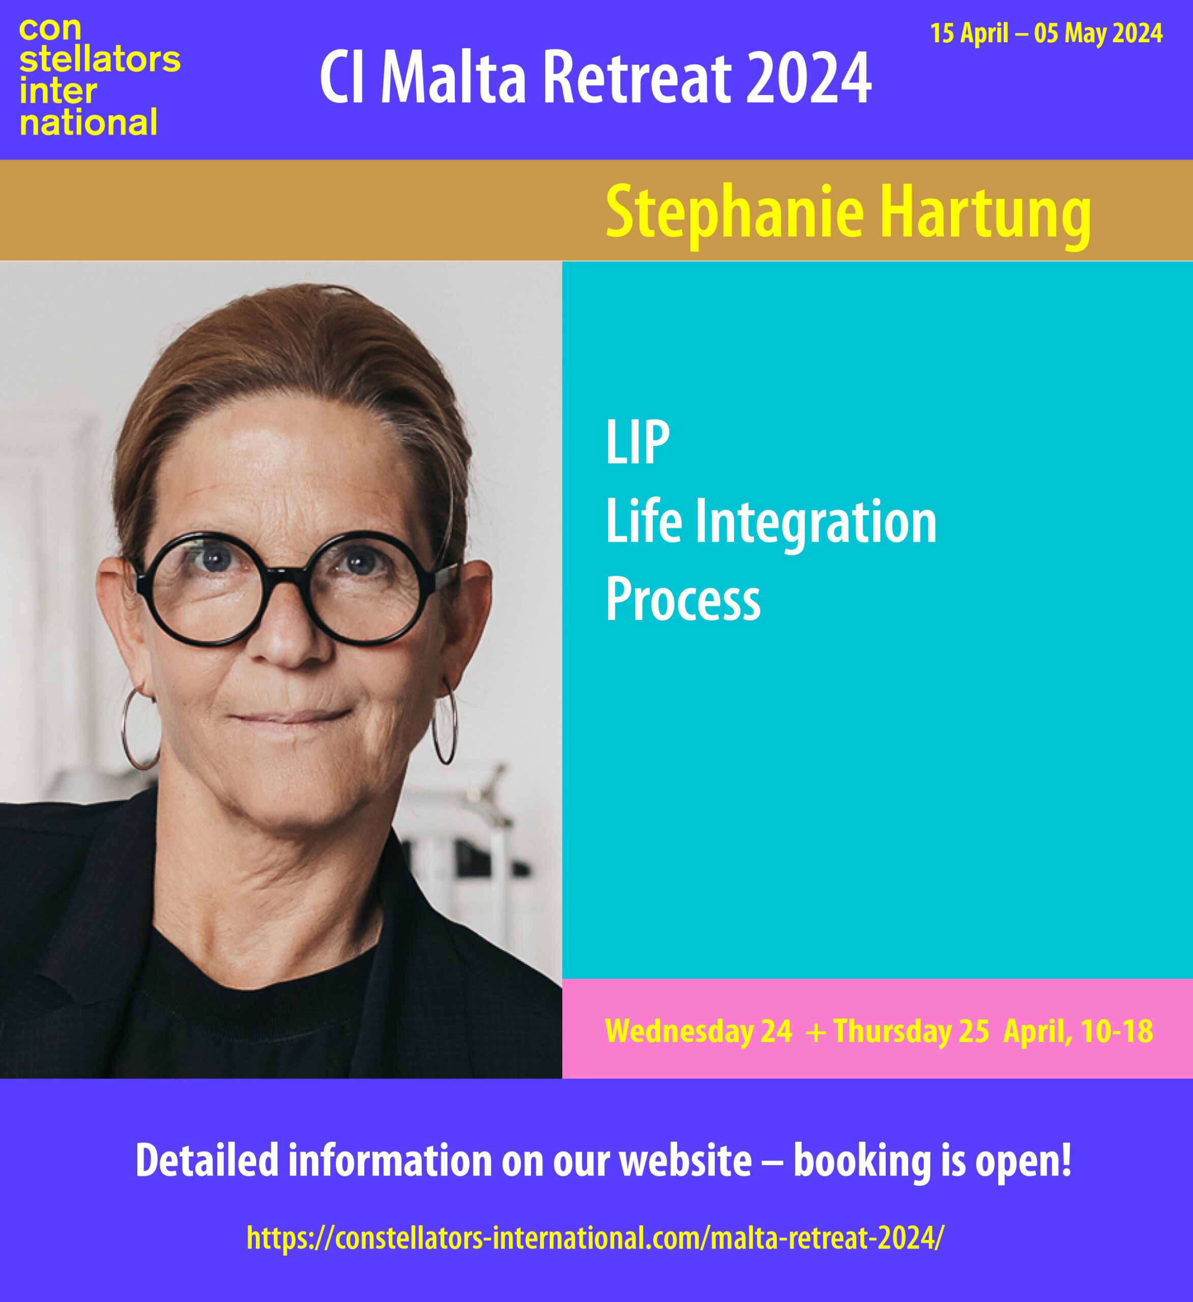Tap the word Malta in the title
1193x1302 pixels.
(x=453, y=77)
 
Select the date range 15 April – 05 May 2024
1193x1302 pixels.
(x=1046, y=33)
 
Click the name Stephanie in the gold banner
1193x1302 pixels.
(x=735, y=213)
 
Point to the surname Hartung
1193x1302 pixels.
(x=985, y=213)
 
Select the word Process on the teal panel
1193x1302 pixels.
(x=683, y=599)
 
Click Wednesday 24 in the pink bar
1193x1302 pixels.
(x=698, y=1031)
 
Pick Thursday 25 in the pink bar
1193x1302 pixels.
(x=911, y=1031)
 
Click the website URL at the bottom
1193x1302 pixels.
(x=595, y=1237)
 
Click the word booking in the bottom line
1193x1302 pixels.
(x=862, y=1161)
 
